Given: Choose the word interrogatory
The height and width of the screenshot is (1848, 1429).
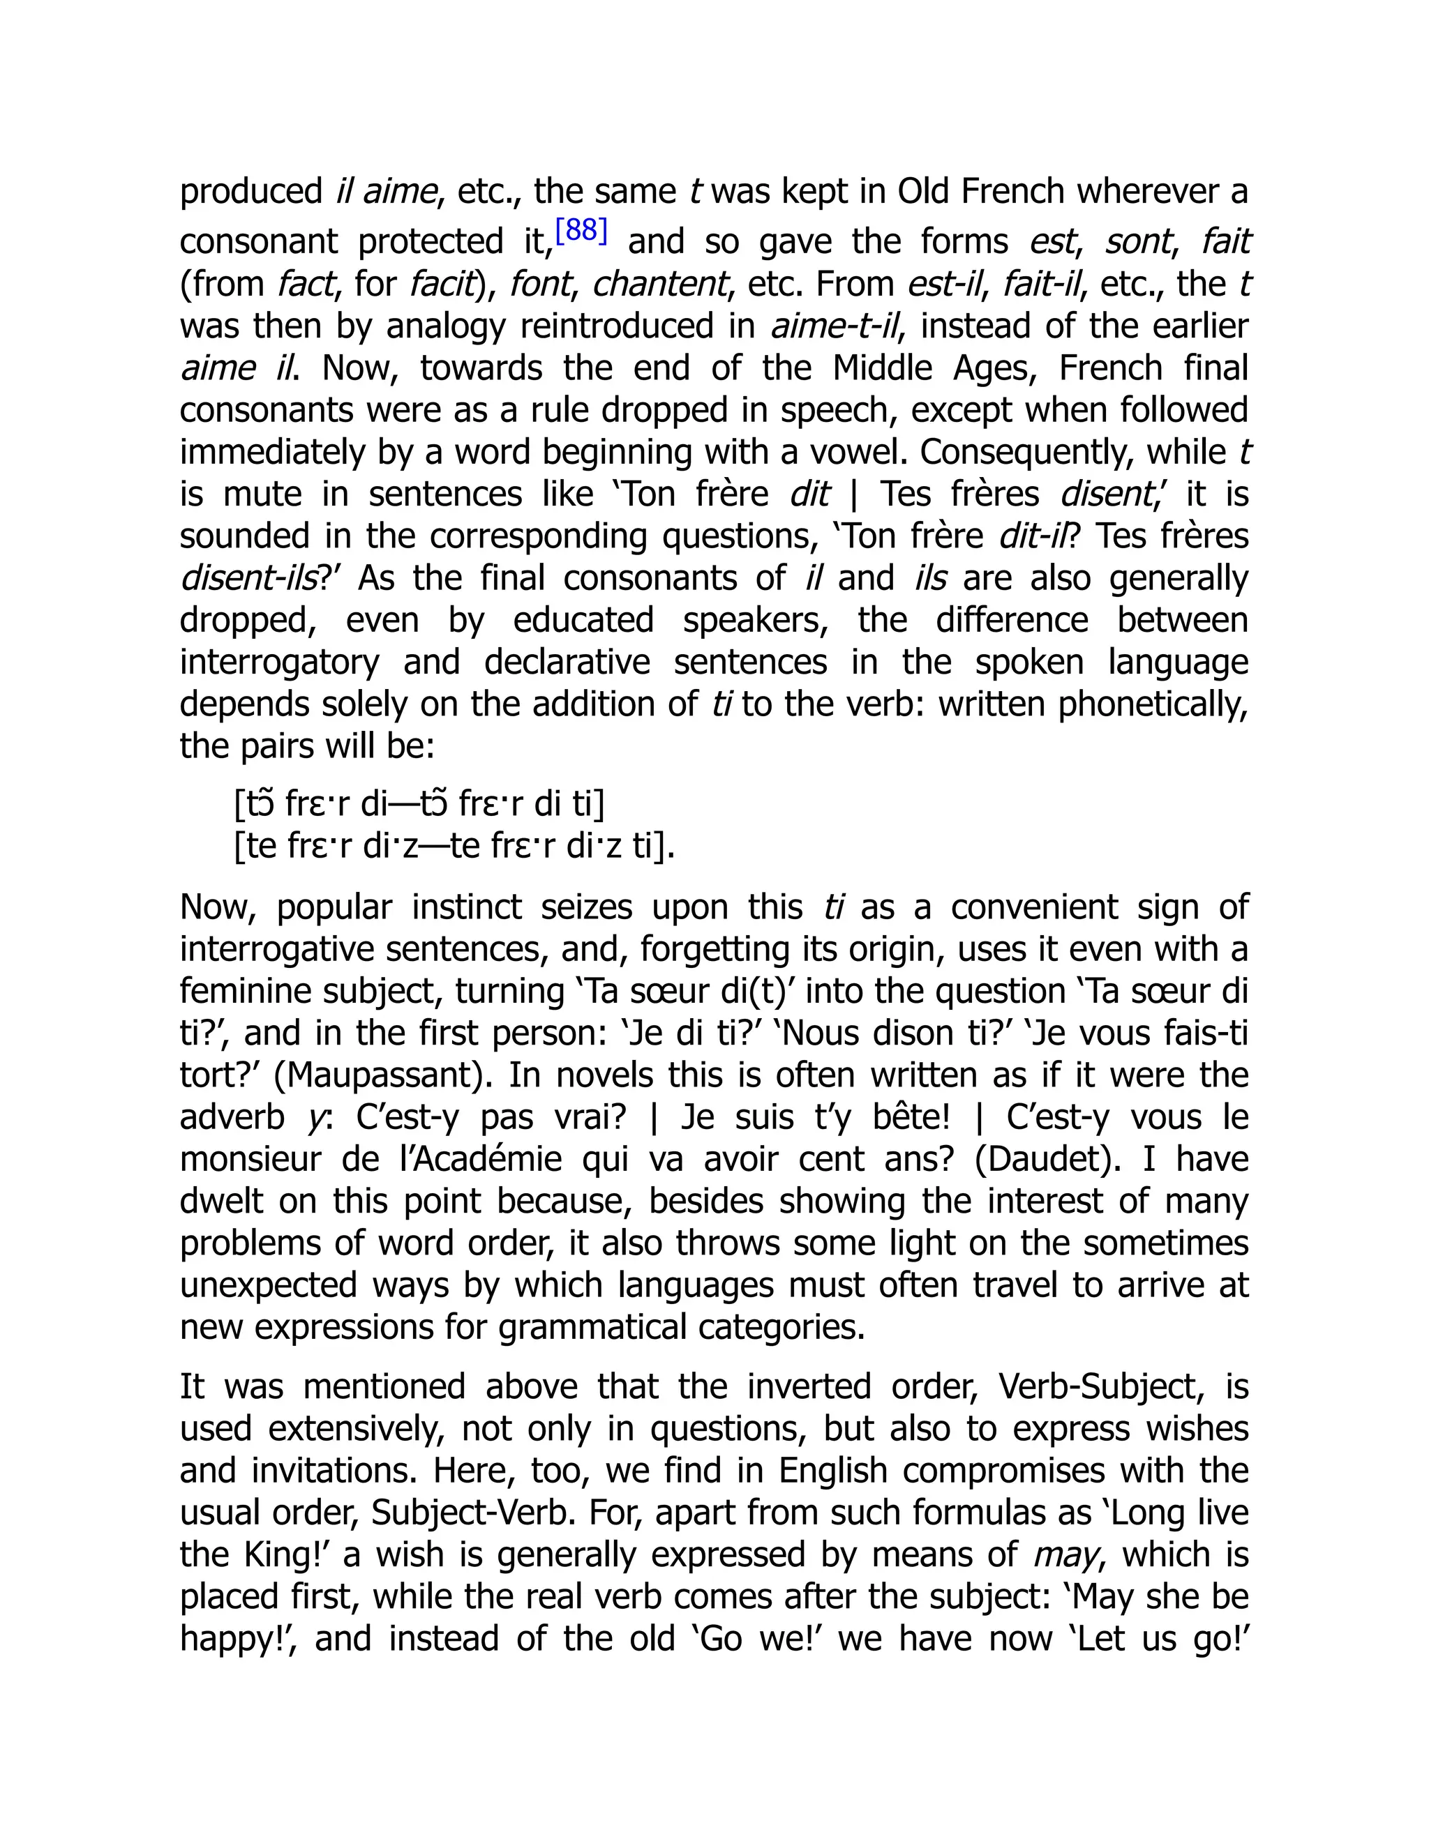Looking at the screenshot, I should click(x=279, y=662).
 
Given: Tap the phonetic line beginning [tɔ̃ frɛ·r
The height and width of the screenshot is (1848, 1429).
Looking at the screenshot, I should click(x=419, y=804).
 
